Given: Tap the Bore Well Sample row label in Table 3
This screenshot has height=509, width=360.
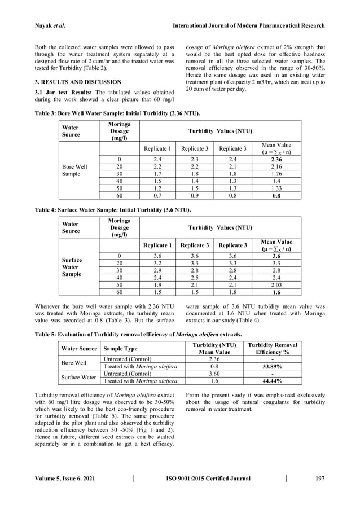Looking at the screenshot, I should coord(74,171).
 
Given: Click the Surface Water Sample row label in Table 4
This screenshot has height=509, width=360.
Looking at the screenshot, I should coord(71,267).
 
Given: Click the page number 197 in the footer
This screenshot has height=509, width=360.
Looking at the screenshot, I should coord(320,479).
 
